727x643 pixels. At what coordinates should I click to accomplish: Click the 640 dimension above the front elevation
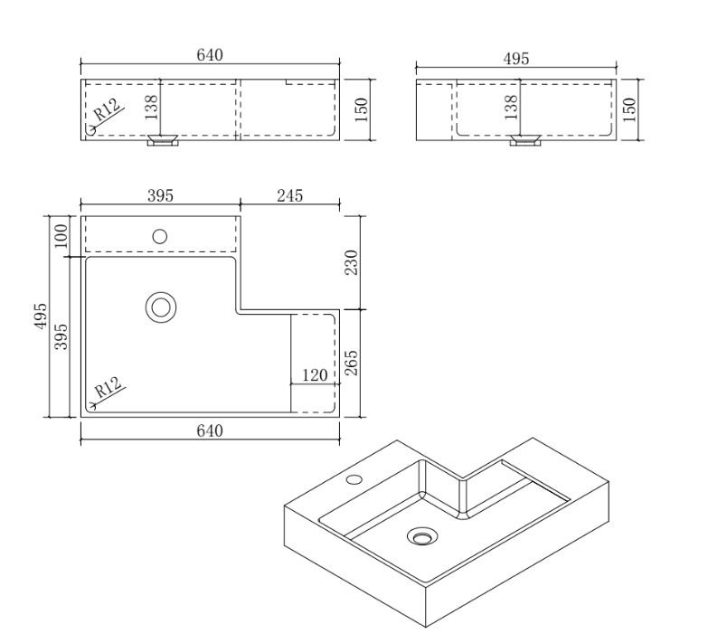pyautogui.click(x=210, y=54)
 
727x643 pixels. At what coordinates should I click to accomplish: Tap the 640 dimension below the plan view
pyautogui.click(x=210, y=430)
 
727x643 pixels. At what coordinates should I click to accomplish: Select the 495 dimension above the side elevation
pyautogui.click(x=516, y=59)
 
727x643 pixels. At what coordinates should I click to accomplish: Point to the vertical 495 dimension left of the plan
pyautogui.click(x=42, y=317)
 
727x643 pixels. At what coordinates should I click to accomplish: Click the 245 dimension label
pyautogui.click(x=289, y=195)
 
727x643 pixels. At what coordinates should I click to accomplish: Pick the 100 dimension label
pyautogui.click(x=61, y=235)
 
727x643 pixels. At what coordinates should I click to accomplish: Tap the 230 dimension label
pyautogui.click(x=352, y=262)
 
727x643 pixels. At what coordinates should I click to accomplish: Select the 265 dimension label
pyautogui.click(x=352, y=363)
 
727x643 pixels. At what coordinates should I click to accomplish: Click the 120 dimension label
pyautogui.click(x=315, y=374)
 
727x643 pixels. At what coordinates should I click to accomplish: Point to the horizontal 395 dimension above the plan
pyautogui.click(x=160, y=195)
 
